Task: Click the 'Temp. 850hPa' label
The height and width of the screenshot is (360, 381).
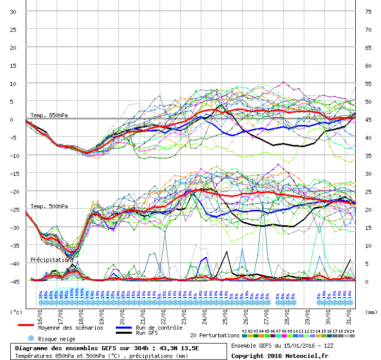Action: point(49,115)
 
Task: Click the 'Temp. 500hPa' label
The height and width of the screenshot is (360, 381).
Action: point(49,207)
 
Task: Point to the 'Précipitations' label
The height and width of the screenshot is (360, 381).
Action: point(51,260)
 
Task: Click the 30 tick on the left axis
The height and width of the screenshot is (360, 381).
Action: point(13,12)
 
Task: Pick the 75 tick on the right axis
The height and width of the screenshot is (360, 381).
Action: point(368,12)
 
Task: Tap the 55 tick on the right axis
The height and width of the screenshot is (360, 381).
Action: point(368,83)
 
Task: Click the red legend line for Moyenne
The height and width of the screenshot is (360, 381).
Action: point(26,325)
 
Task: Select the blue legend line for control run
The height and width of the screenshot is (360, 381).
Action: point(124,328)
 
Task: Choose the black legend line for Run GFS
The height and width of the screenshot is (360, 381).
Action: point(124,333)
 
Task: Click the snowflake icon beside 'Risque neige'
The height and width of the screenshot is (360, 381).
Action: point(31,338)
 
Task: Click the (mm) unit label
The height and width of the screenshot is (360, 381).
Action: point(370,312)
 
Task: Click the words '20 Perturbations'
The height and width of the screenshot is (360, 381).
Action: point(215,335)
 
